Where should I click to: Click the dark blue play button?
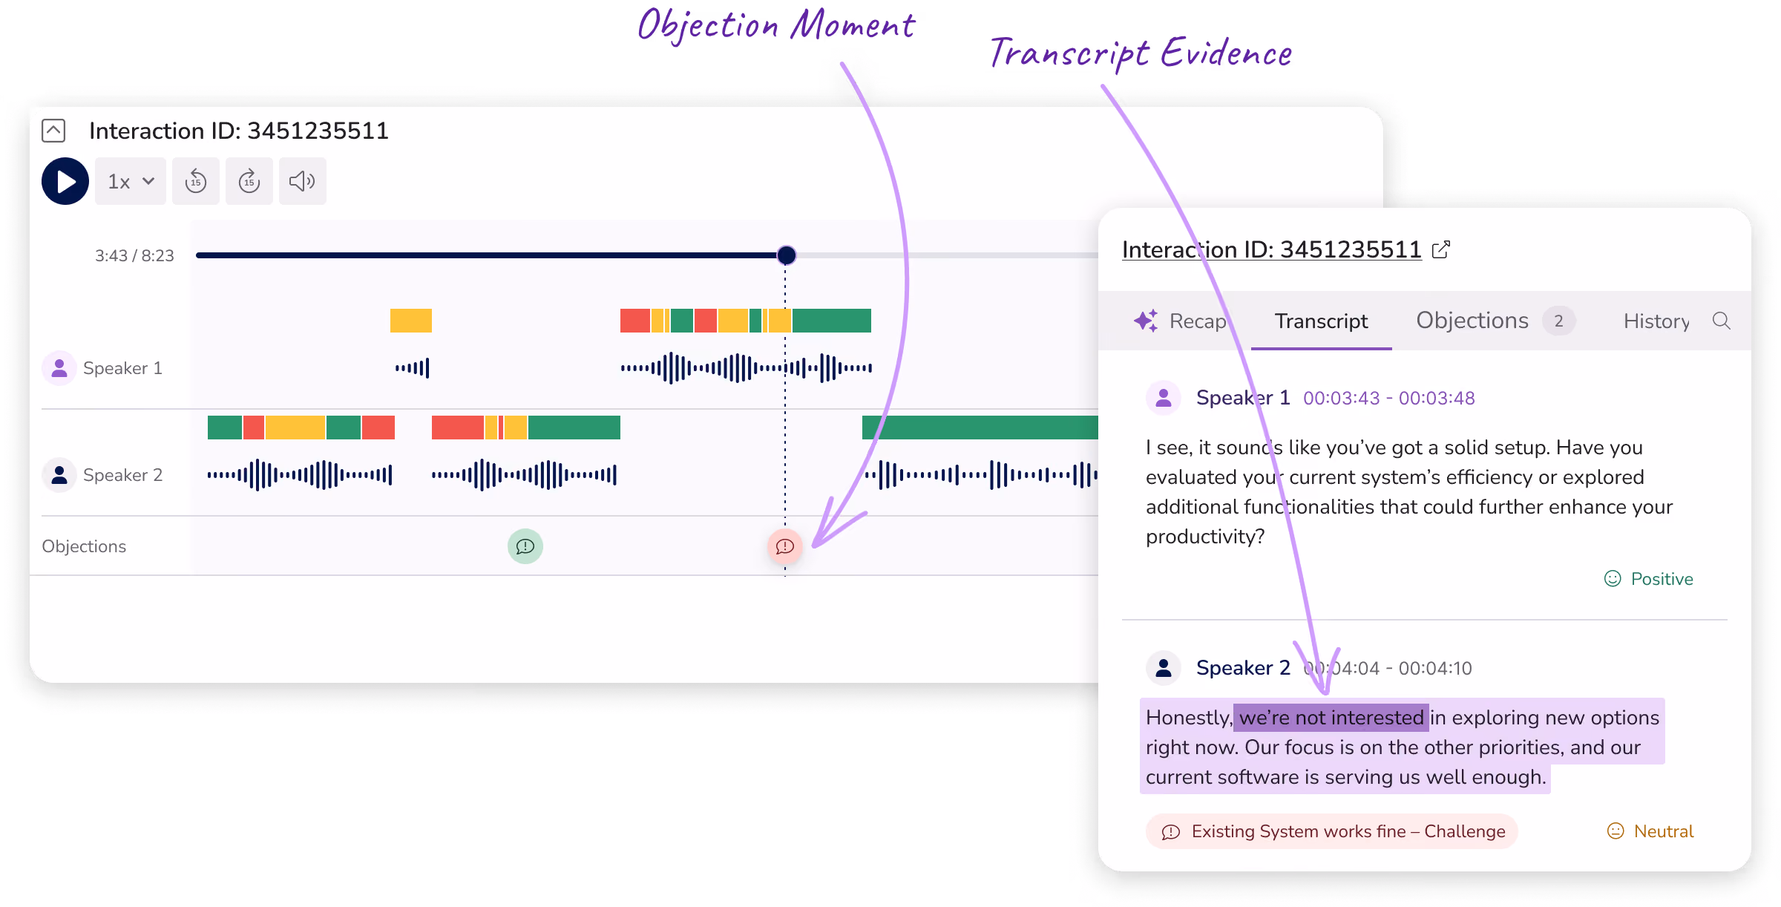click(65, 181)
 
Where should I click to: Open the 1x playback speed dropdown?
click(131, 181)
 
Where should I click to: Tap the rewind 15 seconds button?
click(196, 181)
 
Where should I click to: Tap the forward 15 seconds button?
click(249, 181)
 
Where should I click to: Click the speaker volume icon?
click(302, 181)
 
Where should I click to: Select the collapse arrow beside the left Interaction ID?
click(53, 131)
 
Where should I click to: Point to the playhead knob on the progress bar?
click(787, 255)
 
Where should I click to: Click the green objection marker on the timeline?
click(525, 546)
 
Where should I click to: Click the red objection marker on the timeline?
click(785, 546)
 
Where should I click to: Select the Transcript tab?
click(1321, 321)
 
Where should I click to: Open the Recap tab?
click(1181, 321)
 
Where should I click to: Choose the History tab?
click(1656, 321)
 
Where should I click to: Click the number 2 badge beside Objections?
click(1559, 321)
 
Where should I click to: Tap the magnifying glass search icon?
click(1722, 321)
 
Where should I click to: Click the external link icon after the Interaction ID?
click(1441, 249)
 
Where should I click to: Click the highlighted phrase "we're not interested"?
click(1331, 718)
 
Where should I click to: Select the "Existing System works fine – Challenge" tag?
click(1332, 831)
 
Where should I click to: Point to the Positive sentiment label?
click(1649, 579)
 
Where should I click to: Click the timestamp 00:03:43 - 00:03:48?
click(1389, 398)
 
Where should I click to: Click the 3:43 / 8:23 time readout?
click(134, 255)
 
